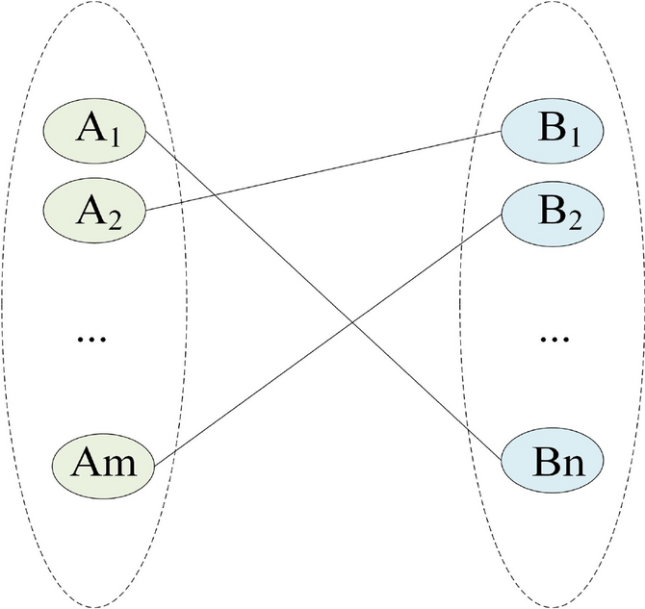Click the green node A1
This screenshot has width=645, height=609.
(x=94, y=129)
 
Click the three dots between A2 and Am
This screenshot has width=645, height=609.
(x=94, y=338)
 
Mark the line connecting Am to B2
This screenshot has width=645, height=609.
(x=289, y=366)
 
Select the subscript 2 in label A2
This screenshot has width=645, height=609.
(x=113, y=213)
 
